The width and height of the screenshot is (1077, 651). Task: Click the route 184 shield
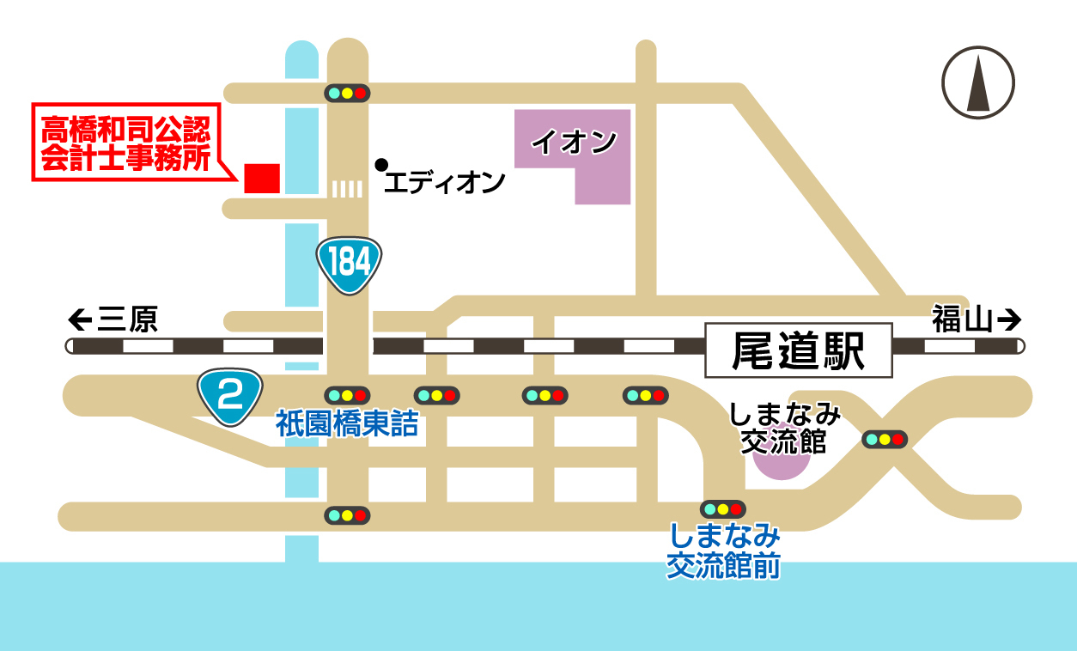point(349,264)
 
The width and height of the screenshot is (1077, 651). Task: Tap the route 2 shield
point(229,397)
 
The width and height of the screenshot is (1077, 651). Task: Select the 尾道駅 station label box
point(798,350)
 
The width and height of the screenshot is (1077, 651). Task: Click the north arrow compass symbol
point(978,82)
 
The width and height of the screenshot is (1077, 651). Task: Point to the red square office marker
point(262,178)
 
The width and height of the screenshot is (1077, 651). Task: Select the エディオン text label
point(444,182)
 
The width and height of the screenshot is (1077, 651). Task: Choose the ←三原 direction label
point(113,320)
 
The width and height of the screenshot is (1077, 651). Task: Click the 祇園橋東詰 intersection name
point(347,424)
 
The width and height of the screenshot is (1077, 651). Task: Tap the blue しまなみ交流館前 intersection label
point(724,551)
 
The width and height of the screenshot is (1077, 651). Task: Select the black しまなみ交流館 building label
point(783,429)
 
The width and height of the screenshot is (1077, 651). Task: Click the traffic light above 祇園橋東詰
point(347,395)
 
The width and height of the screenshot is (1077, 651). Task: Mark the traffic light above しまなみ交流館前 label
point(723,508)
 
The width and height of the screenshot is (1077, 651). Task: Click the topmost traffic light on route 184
point(347,93)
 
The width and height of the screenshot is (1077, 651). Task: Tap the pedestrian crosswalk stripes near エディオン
point(347,189)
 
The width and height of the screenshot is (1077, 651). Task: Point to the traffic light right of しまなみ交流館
point(885,439)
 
